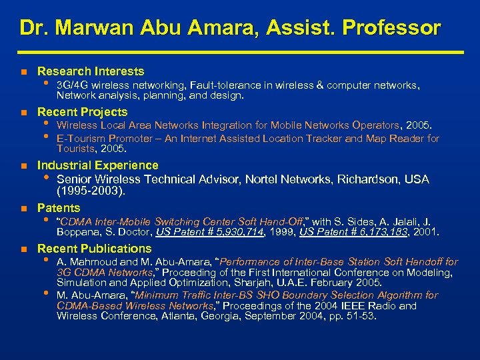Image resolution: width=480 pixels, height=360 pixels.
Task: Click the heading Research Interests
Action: coord(91,71)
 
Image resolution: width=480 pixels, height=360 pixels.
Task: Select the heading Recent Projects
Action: coord(82,111)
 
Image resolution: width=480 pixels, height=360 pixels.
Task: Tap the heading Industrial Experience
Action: coord(98,165)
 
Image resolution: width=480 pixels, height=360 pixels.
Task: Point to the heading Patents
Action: coord(59,207)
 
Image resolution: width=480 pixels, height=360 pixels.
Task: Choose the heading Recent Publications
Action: coord(94,249)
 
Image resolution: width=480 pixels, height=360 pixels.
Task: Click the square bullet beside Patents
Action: coord(23,209)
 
